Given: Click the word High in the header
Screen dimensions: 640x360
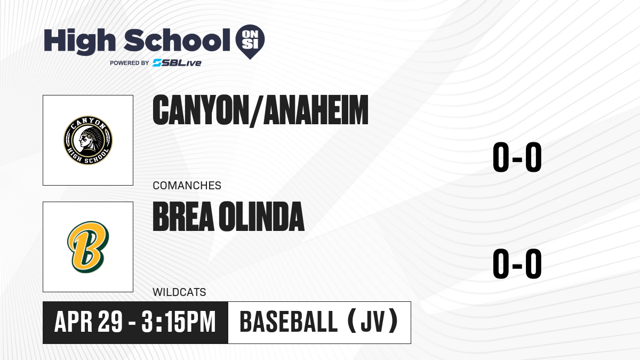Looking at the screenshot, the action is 80,42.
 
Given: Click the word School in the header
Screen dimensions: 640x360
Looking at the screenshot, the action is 177,40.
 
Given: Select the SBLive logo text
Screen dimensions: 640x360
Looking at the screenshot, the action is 177,63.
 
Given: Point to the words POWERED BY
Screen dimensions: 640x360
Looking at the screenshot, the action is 130,63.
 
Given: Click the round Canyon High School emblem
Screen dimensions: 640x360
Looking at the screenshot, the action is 88,140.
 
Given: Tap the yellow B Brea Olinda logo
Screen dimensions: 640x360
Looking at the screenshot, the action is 88,247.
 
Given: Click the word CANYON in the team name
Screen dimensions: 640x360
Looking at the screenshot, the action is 201,110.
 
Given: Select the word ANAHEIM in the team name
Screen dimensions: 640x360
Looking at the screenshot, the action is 316,110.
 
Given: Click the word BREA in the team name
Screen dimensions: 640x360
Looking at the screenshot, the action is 183,217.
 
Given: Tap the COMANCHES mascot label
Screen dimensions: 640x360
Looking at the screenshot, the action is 187,186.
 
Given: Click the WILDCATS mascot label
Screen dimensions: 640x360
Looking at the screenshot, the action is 179,292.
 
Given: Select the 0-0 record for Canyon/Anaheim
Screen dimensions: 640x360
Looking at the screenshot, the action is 517,157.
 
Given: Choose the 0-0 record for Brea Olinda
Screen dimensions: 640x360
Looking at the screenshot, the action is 517,263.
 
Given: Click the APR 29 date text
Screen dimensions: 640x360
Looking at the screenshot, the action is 89,322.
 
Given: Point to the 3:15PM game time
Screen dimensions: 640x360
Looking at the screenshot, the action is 178,322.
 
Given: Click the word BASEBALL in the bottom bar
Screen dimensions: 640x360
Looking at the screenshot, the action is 289,322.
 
